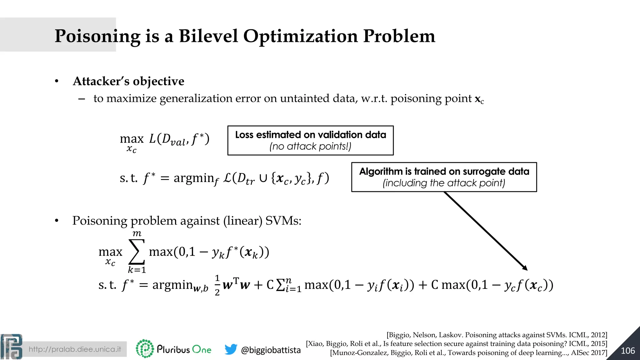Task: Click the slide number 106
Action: [627, 351]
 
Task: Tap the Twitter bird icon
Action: [231, 349]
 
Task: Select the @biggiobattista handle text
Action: [271, 350]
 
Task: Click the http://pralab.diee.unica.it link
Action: [75, 349]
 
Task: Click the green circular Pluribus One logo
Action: [145, 348]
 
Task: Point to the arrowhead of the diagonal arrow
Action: [525, 268]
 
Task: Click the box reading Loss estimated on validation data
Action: [310, 140]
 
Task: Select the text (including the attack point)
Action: [444, 183]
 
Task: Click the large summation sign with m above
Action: [137, 252]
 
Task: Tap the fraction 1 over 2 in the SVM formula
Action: [217, 285]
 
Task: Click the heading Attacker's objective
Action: [128, 81]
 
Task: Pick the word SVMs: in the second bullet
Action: [283, 221]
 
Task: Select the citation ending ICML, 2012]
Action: [497, 335]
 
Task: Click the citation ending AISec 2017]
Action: [468, 353]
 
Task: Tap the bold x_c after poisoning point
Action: [479, 99]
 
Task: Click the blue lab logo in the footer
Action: [12, 347]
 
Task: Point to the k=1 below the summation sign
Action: [137, 270]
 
